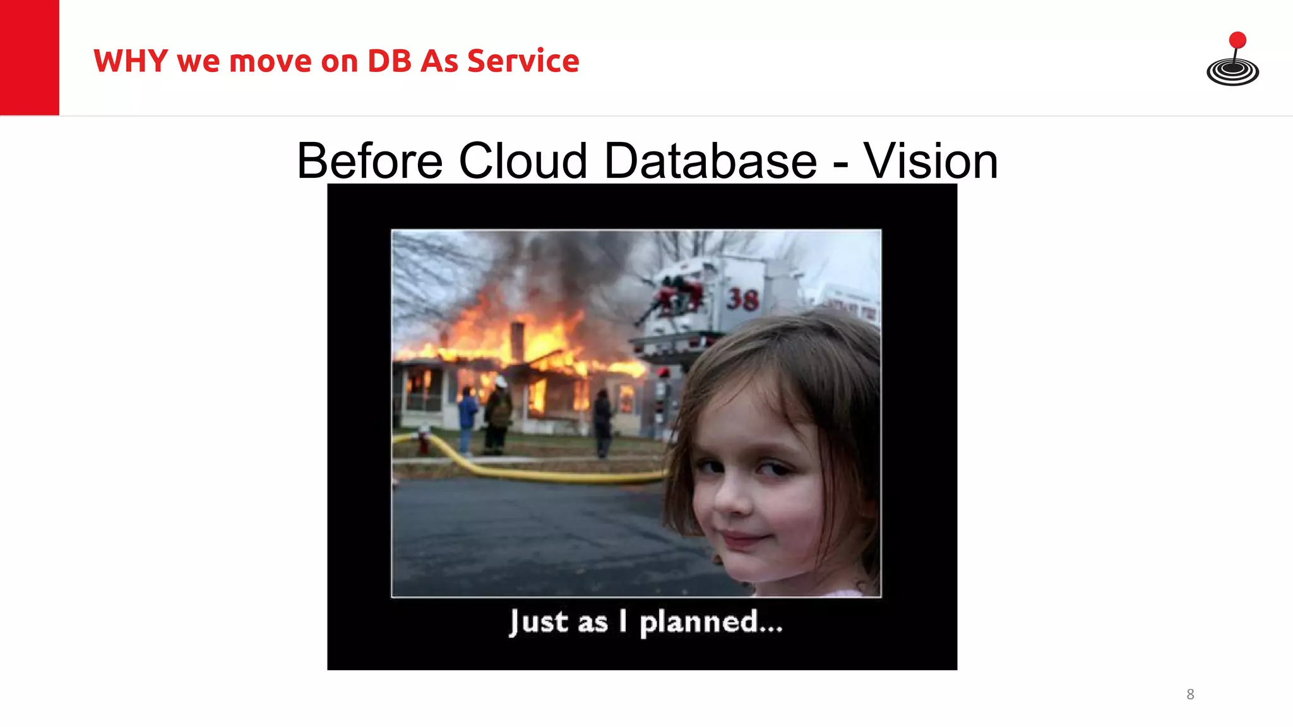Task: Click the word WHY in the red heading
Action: point(131,61)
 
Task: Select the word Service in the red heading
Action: point(523,61)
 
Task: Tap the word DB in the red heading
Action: point(389,61)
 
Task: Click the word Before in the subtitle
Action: point(369,161)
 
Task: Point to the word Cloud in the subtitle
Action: point(523,161)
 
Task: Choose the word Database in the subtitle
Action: point(710,161)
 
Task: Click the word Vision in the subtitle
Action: point(930,161)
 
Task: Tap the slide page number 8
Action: point(1190,694)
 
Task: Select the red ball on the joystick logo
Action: point(1237,40)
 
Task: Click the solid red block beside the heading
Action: point(29,57)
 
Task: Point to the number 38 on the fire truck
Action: point(742,298)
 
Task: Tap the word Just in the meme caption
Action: point(539,622)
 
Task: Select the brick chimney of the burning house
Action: point(517,341)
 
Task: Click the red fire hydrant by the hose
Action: point(424,439)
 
